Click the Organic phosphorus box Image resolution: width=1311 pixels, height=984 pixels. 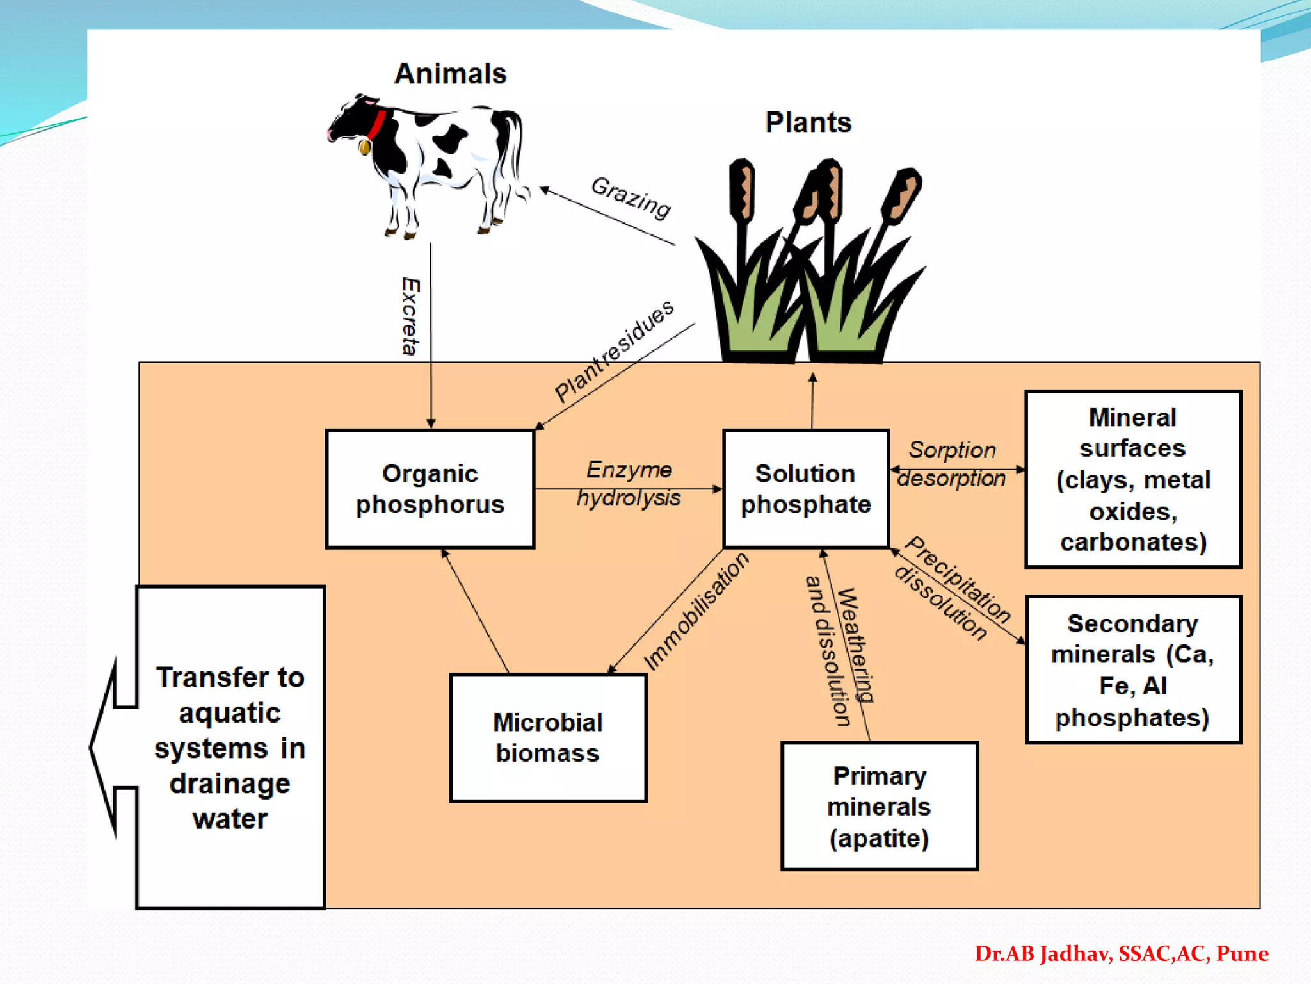[430, 489]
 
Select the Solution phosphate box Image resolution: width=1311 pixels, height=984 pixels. [805, 489]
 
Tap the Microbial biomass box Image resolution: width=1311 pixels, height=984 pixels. [548, 737]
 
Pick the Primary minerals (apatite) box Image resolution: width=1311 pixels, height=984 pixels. [879, 806]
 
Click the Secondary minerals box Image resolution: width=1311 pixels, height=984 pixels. [1132, 669]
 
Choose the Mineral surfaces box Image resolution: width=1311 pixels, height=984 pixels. [1132, 479]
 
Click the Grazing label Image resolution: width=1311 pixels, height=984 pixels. [631, 197]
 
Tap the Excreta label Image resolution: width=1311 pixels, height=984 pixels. [410, 316]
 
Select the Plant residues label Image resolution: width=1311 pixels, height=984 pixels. [613, 350]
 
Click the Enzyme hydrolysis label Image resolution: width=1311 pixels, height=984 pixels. [629, 484]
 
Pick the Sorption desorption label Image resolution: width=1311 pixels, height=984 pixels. [952, 464]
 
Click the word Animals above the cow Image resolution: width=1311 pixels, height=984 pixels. [450, 74]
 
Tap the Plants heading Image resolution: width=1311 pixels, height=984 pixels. [808, 122]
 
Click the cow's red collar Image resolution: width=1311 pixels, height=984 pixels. [376, 124]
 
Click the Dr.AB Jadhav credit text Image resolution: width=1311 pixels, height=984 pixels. [1121, 953]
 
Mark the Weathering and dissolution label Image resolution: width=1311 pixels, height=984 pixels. [839, 650]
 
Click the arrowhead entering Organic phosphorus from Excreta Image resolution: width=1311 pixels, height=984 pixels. [431, 423]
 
